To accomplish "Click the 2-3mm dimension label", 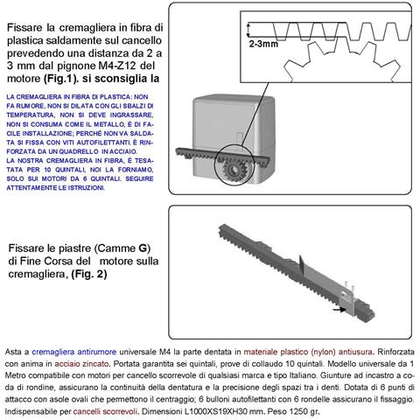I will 265,43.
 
